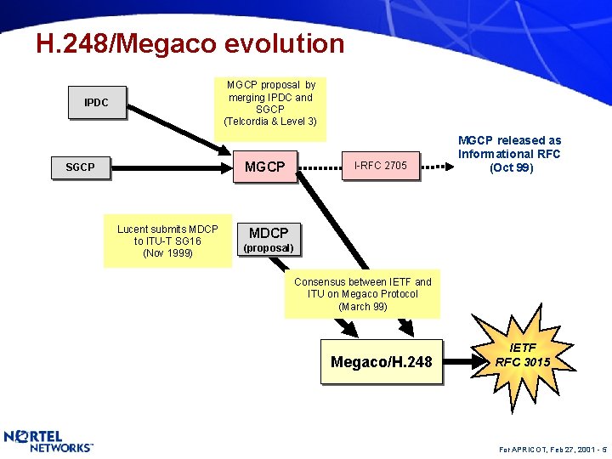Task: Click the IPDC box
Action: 96,103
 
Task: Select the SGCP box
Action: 80,167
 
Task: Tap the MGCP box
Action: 264,167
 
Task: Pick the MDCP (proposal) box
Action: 268,239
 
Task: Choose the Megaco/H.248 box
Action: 381,363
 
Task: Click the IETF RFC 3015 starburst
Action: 523,356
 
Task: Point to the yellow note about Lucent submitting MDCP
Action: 167,241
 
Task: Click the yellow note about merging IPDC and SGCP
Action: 270,104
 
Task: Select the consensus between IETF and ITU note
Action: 362,294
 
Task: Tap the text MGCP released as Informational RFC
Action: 509,154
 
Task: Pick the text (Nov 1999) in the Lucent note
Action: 167,253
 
